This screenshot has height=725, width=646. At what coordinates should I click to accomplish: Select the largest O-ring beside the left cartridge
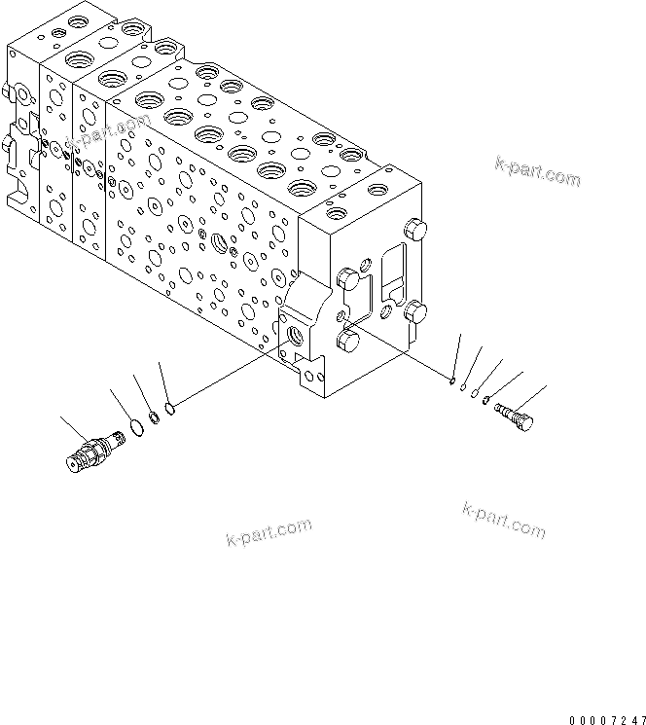[126, 430]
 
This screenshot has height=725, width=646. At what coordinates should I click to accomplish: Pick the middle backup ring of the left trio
[152, 418]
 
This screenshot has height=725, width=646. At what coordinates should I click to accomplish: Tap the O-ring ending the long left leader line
[169, 408]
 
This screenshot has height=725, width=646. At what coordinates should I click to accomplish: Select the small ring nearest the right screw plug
[486, 400]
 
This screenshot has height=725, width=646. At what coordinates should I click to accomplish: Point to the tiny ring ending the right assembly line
[454, 381]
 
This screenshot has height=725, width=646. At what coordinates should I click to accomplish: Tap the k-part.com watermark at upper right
[537, 171]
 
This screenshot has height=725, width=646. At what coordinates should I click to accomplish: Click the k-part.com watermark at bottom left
[269, 532]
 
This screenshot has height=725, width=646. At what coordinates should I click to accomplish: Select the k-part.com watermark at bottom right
[504, 520]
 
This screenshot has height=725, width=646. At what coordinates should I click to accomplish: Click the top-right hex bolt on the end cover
[415, 231]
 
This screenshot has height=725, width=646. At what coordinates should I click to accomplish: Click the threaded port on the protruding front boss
[296, 336]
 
